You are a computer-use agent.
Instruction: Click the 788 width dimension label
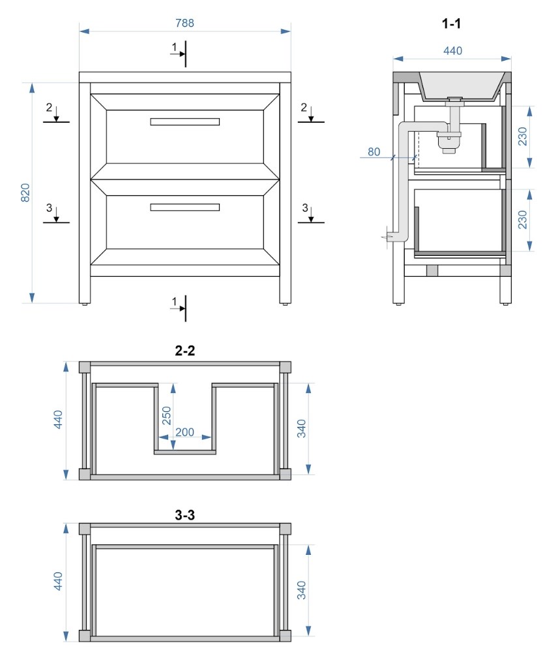pos(184,23)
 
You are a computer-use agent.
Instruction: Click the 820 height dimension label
pos(25,193)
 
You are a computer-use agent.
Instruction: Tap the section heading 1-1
pos(451,23)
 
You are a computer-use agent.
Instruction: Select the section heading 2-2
pos(184,350)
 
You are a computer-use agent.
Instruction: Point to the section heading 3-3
pos(184,515)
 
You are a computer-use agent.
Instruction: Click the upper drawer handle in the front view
pos(184,122)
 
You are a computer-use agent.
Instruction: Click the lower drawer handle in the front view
pos(184,208)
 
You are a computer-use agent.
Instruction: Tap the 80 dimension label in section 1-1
pos(374,152)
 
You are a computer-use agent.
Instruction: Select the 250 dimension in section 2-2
pos(166,415)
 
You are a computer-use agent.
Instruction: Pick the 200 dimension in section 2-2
pos(184,432)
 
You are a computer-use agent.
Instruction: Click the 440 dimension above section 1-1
pos(452,51)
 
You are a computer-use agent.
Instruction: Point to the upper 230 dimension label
pos(522,136)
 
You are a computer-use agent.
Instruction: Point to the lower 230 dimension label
pos(522,220)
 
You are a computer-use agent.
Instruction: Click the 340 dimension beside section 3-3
pos(301,590)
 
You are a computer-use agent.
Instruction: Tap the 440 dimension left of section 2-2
pos(58,419)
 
